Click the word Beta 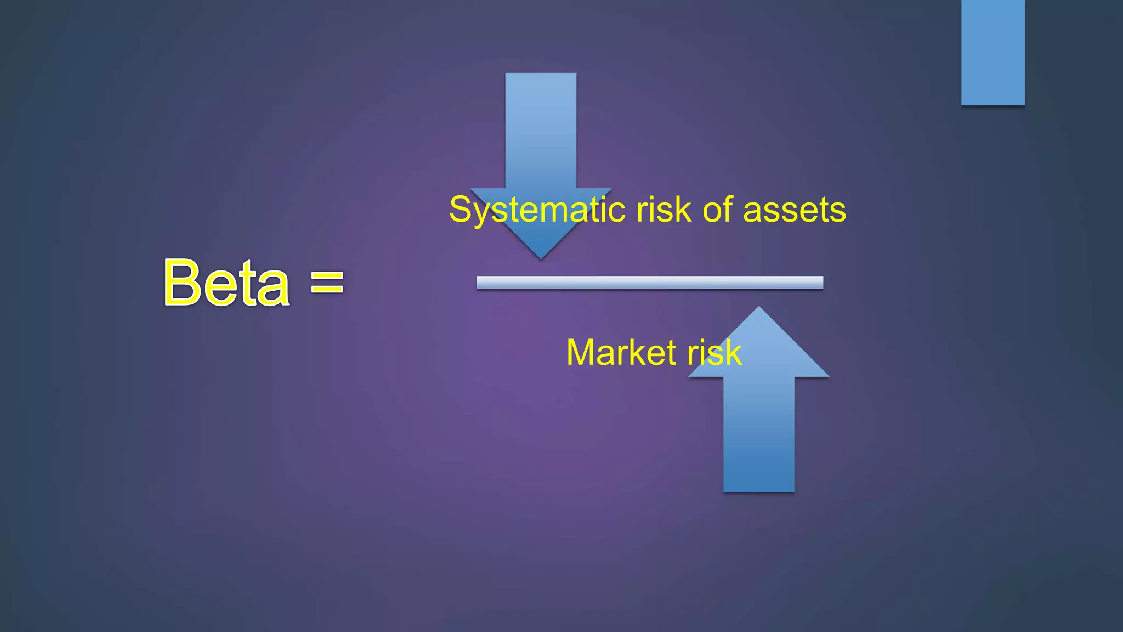tap(226, 283)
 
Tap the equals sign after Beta tap(327, 282)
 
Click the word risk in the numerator tap(663, 210)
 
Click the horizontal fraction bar tap(650, 283)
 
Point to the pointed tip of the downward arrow tap(541, 256)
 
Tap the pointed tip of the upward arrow tap(759, 310)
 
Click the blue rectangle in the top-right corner tap(992, 52)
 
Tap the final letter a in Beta tap(274, 288)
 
